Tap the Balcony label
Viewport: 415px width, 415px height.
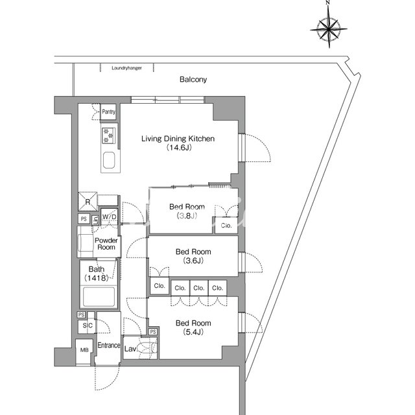tap(193, 79)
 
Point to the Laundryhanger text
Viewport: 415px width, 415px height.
tap(126, 68)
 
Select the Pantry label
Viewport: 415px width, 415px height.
tap(108, 112)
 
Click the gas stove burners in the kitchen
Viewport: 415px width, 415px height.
tap(109, 136)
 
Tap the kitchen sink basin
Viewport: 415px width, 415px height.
tap(109, 160)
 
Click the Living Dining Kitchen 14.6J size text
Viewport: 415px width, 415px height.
tap(179, 147)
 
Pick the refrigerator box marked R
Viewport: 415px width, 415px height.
tap(88, 202)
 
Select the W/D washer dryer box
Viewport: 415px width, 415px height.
tap(109, 217)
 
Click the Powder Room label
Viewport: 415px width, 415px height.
tap(106, 244)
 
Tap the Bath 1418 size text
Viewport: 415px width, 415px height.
tap(97, 278)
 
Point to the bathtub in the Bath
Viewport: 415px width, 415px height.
tap(99, 297)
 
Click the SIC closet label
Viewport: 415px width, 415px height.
tap(88, 326)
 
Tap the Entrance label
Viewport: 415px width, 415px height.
tap(109, 346)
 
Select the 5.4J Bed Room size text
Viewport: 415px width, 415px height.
tap(193, 332)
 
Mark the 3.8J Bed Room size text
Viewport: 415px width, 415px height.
tap(187, 216)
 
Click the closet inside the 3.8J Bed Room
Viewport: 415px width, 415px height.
tap(226, 225)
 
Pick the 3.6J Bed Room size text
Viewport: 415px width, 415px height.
tap(193, 261)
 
